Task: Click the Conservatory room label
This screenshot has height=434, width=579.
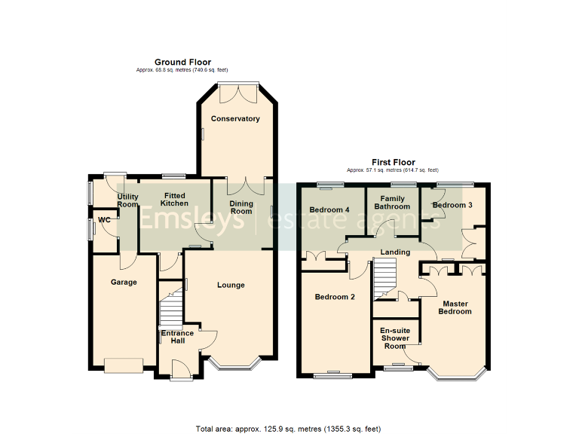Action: [235, 119]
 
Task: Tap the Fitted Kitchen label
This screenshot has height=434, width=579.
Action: [174, 200]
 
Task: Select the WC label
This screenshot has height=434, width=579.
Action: [103, 220]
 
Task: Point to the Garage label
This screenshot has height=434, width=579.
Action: [124, 283]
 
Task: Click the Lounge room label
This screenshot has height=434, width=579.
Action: [231, 285]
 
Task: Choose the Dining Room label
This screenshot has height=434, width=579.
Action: [240, 207]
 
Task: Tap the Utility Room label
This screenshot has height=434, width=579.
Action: [127, 200]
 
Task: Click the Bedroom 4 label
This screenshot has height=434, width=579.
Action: [329, 209]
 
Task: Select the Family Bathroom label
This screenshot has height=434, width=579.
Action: [392, 202]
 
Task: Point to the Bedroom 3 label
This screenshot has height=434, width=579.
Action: [452, 205]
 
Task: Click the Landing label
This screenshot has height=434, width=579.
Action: [396, 252]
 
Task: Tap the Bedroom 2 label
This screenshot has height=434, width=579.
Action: [335, 297]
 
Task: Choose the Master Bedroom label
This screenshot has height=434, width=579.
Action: [455, 307]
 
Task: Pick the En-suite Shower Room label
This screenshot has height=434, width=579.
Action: [394, 338]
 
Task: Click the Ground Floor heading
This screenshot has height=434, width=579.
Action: [182, 62]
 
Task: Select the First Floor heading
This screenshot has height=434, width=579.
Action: [393, 162]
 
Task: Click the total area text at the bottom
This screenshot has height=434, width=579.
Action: [289, 429]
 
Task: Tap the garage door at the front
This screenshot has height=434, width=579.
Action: [123, 365]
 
